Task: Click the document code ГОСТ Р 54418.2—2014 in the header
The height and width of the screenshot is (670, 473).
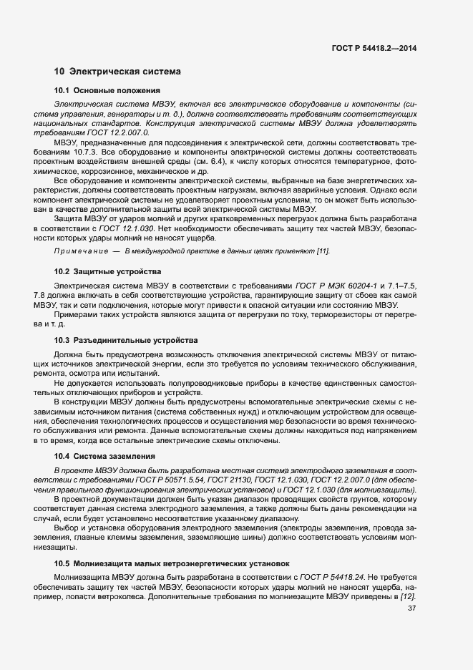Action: [375, 48]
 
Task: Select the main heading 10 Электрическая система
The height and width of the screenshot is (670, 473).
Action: [117, 72]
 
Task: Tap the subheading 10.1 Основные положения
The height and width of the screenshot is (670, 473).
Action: [107, 91]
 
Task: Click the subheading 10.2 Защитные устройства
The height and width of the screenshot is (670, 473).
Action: [107, 272]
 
